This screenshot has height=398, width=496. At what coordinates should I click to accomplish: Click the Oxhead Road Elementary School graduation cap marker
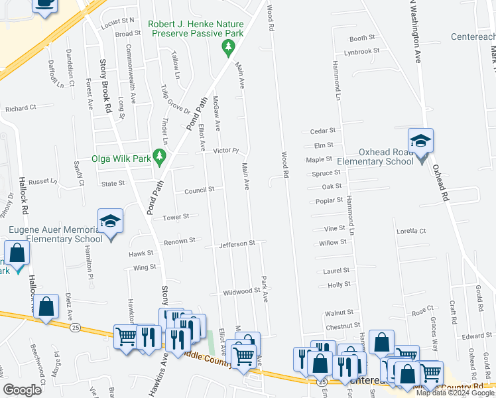point(420,141)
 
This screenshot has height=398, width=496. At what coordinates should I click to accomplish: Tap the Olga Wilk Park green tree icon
point(159,156)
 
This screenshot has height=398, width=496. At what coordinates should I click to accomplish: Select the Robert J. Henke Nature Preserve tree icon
point(228,46)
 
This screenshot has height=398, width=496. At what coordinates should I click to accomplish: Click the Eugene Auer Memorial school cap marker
point(111,222)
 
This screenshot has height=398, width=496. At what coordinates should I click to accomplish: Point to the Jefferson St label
point(238,243)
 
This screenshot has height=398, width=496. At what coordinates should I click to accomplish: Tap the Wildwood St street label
point(241,291)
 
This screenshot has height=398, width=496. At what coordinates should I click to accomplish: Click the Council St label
point(200,189)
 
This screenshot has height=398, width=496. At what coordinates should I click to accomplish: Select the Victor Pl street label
point(225,151)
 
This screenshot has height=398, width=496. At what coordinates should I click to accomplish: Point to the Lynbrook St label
point(361,51)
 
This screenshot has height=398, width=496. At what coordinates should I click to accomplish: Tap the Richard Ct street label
point(21,107)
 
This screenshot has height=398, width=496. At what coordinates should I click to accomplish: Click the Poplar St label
point(330,200)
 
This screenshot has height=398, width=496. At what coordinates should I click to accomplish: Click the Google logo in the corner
point(22,390)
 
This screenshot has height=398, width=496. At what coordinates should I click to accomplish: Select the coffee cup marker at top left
point(45,3)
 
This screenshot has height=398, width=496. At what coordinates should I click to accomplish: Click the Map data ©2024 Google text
point(455,393)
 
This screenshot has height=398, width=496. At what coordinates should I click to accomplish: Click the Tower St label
point(176,217)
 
